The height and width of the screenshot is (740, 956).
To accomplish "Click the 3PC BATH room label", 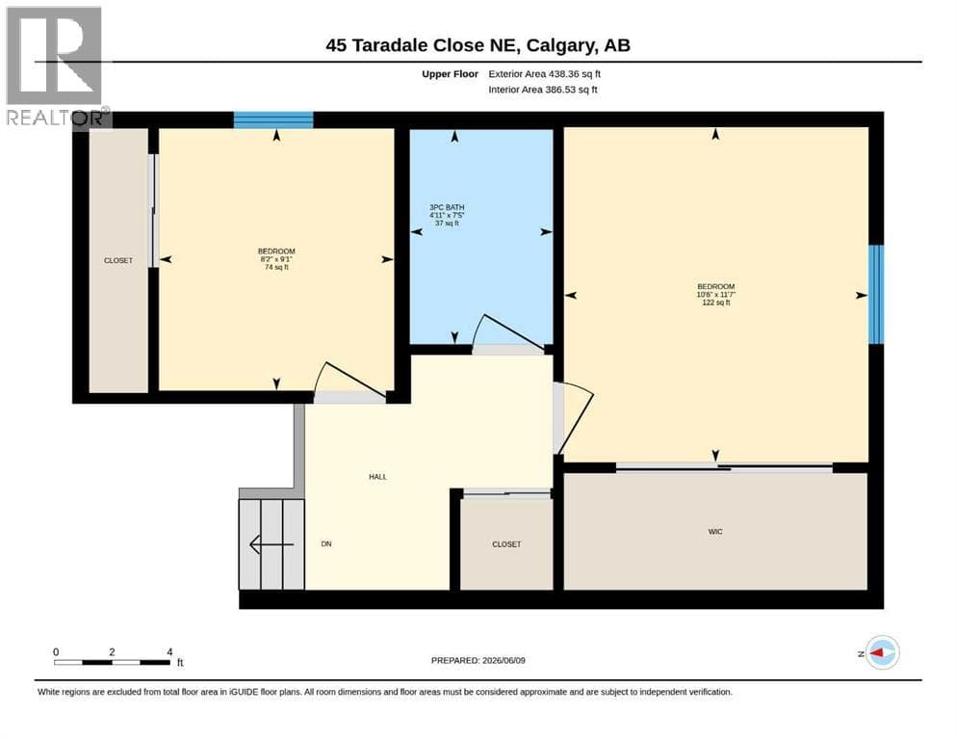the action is pos(447,207).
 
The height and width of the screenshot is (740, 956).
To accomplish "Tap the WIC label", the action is pos(715,532).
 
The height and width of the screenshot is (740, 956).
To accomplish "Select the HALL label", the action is pos(377,477).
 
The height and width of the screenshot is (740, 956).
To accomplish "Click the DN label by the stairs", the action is pos(326,544).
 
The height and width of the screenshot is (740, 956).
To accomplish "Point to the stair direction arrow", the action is pos(271,544).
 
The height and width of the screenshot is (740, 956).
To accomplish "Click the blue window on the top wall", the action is pos(273,119).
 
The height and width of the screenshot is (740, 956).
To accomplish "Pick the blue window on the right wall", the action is pos(876,294).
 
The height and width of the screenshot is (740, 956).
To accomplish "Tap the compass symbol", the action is pos(882,652).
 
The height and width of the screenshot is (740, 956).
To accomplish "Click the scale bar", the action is pos(113,662).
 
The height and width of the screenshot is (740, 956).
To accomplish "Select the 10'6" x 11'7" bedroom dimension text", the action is pos(715,295).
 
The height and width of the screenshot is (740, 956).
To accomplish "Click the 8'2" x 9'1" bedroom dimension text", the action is pos(276,259).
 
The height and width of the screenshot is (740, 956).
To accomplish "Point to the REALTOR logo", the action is pos(55,66).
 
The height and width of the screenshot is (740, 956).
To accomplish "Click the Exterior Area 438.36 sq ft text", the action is pos(545,74).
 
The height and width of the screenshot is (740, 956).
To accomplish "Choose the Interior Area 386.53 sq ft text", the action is pos(543,90).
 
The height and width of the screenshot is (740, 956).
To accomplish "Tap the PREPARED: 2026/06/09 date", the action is pos(478,661).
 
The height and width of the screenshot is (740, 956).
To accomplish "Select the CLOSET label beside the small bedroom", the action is pos(118,260).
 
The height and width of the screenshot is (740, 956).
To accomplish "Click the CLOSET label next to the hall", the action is pos(506,544).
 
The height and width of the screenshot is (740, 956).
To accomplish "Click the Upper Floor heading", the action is pos(450,74).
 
